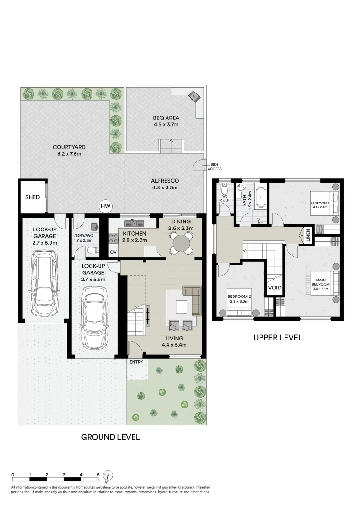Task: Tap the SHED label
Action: (x=33, y=197)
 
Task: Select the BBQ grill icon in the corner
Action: (x=193, y=96)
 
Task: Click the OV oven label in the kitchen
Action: (x=113, y=252)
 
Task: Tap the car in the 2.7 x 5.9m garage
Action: (x=43, y=285)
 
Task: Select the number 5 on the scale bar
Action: (x=98, y=474)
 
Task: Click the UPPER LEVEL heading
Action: (x=277, y=338)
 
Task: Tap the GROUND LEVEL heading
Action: (x=110, y=437)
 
